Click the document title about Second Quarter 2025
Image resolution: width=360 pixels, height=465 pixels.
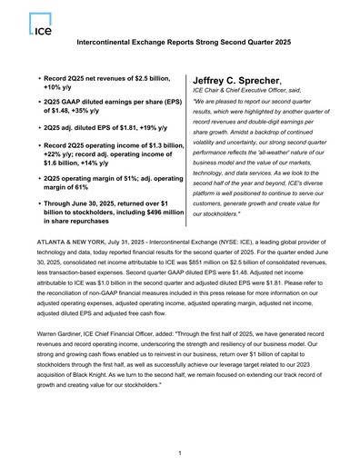(180, 43)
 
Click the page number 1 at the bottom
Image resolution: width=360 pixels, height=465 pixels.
(180, 452)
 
